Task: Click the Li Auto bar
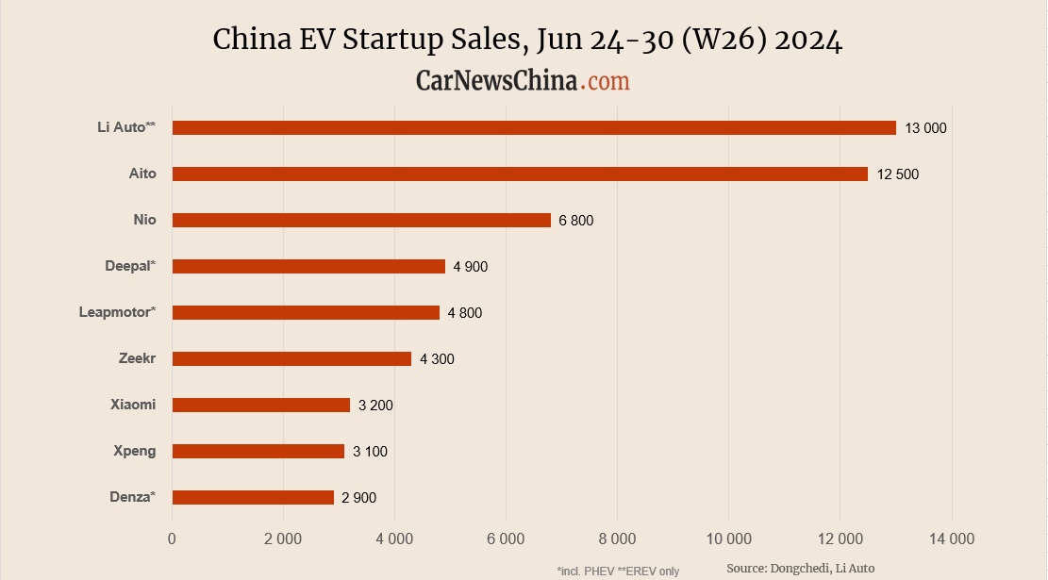(534, 127)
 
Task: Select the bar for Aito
(520, 174)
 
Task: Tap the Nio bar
(361, 220)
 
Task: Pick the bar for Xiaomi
(261, 405)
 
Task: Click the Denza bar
(253, 497)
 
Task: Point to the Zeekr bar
(291, 358)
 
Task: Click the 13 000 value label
(924, 128)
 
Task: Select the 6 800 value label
(575, 221)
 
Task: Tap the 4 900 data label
(470, 267)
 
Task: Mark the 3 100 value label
(370, 452)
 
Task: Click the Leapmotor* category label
(117, 312)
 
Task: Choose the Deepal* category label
(130, 266)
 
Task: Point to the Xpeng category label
(134, 451)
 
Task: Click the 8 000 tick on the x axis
(617, 539)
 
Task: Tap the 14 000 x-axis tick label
(951, 539)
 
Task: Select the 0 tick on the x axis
(172, 539)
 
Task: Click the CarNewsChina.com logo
(523, 81)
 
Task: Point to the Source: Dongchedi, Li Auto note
(800, 568)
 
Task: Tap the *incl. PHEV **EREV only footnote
(618, 571)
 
